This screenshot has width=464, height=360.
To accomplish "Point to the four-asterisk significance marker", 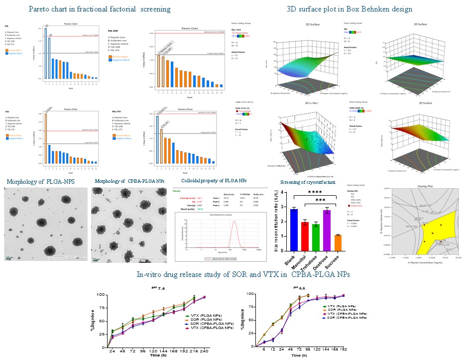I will [x=316, y=192].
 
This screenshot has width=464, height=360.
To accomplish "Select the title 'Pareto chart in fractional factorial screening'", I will [x=100, y=9].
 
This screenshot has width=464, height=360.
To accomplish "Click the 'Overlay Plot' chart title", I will [x=421, y=190].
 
